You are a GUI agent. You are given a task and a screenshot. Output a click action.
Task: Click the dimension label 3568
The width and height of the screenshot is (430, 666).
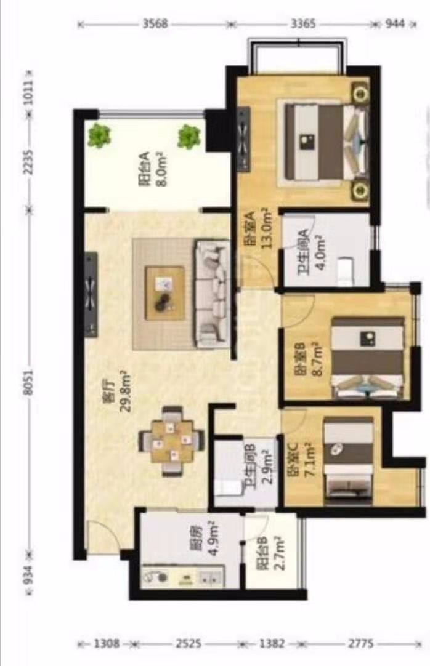[155, 24]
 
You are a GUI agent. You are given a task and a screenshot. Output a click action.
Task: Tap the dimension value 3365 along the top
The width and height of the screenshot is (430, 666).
[303, 24]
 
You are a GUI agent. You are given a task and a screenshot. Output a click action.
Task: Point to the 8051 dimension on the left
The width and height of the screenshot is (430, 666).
[28, 381]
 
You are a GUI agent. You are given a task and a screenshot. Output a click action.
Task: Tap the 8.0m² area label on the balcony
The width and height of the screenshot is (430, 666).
[162, 169]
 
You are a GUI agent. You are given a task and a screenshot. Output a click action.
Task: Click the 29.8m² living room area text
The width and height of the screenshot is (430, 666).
[126, 391]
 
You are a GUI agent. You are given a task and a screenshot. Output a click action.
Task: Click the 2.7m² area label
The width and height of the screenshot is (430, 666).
[279, 553]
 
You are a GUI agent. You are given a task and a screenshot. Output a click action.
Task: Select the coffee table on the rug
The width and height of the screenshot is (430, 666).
[164, 293]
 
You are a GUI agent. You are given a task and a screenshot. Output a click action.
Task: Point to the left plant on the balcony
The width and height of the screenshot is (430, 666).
[99, 135]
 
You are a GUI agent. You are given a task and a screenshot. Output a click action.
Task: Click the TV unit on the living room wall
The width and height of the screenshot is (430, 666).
[91, 294]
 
